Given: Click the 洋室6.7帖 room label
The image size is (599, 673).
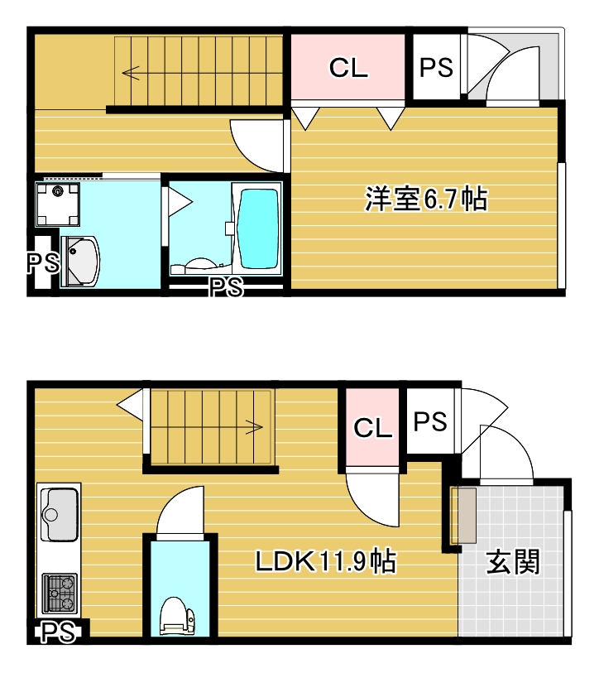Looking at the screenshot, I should (425, 199).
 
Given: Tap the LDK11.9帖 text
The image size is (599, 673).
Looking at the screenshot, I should (325, 562).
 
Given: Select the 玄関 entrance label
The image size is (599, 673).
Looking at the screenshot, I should (513, 562).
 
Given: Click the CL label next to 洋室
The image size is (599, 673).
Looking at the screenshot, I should (348, 68).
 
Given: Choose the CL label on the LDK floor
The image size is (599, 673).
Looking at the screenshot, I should (372, 428).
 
